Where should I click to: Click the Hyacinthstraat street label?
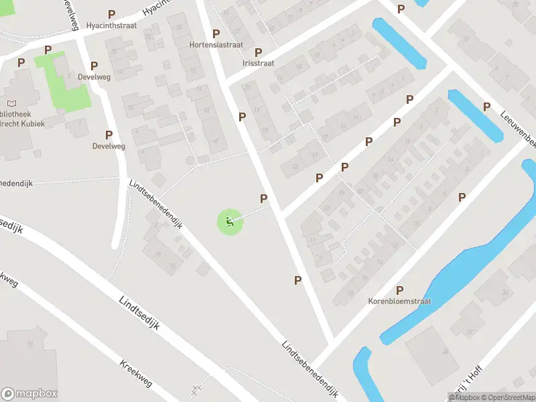coord(111,25)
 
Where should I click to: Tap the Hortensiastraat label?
coord(216,46)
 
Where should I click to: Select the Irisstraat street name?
coord(258,63)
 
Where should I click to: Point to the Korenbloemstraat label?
coord(399,301)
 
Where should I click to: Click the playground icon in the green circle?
coord(230,222)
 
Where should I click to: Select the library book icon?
coord(11,103)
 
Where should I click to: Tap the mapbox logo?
coord(29,393)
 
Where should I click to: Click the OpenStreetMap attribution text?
coord(505,397)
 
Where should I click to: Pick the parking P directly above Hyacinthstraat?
coord(111,13)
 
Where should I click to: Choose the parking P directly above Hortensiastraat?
coord(216,33)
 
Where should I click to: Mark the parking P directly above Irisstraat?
coord(258,52)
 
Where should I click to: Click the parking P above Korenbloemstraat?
coord(399,290)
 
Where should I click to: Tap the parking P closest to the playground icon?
coord(263,198)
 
